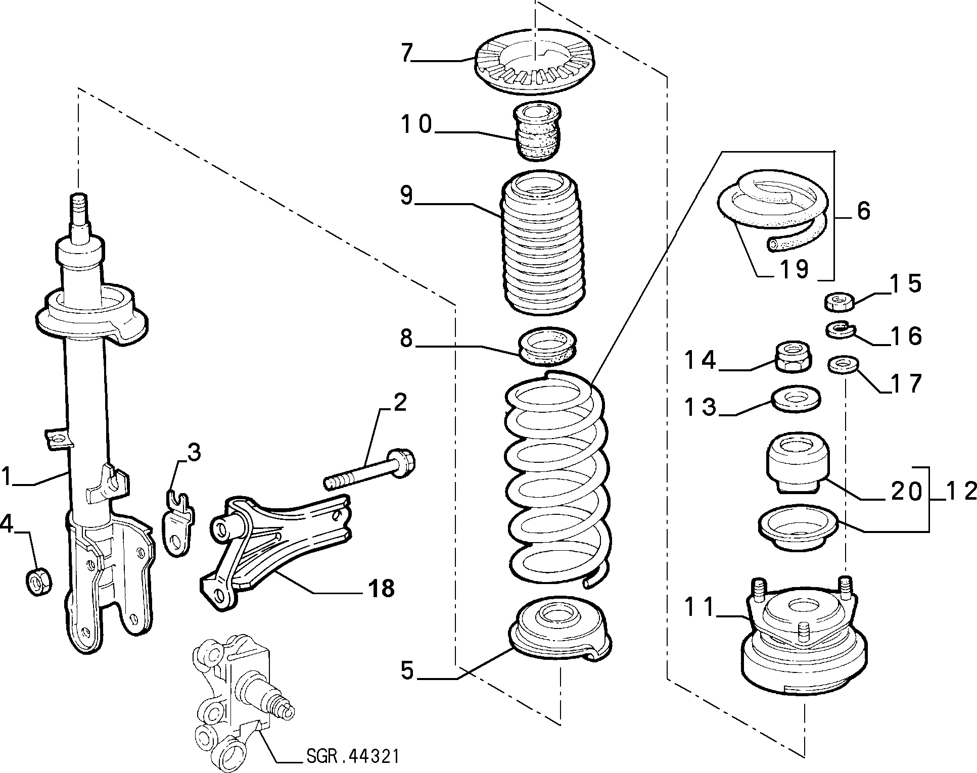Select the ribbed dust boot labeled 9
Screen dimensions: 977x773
[x=542, y=245]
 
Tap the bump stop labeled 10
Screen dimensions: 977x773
[x=538, y=130]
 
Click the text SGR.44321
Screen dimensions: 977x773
[x=353, y=756]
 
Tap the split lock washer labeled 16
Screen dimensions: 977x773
[x=840, y=331]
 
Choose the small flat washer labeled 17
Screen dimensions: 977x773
[x=841, y=364]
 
